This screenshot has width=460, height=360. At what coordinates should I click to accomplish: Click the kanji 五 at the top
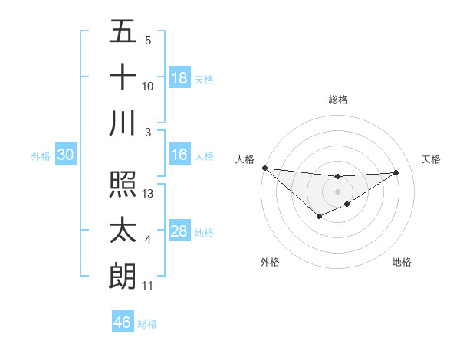123,32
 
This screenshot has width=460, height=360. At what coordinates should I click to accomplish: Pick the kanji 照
123,185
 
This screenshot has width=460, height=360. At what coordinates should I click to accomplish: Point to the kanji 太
123,231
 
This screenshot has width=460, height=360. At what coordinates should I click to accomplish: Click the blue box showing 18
179,78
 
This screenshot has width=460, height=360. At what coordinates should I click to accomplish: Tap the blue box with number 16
179,155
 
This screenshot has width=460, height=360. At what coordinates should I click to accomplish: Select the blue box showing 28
179,231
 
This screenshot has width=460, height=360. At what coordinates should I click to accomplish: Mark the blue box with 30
66,155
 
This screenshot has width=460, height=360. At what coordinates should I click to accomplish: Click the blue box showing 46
123,322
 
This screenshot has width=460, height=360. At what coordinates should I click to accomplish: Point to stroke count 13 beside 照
149,194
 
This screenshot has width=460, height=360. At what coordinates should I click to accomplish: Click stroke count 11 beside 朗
148,286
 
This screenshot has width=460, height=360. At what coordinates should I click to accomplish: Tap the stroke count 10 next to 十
148,87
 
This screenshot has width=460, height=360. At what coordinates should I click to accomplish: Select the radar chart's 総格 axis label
337,100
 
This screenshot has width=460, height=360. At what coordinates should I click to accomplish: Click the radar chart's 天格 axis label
431,159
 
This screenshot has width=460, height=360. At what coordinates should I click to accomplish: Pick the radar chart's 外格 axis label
270,262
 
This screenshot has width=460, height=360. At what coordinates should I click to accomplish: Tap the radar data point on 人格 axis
264,168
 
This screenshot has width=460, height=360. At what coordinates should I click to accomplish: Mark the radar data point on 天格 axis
396,172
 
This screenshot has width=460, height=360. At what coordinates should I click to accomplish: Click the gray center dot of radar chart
337,191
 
